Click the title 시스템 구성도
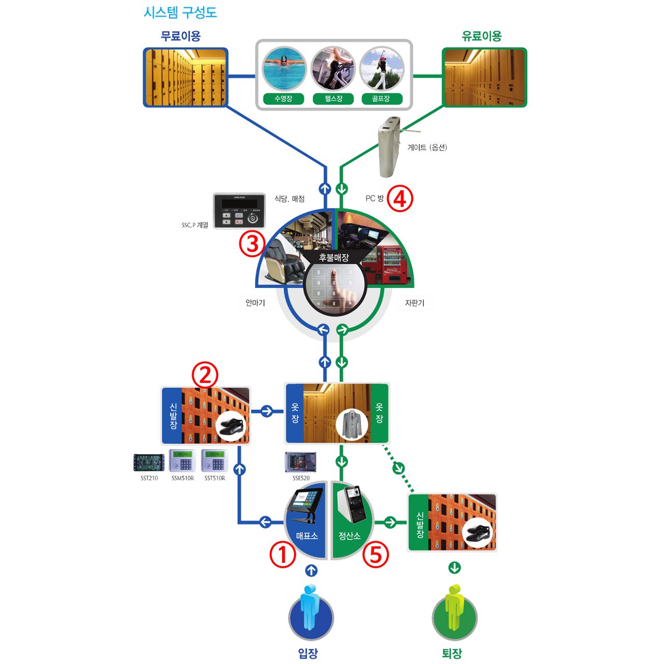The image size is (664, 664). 180,12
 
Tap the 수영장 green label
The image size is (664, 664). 283,99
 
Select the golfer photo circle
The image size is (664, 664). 381,69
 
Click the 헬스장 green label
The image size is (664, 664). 333,99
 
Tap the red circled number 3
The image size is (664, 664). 252,243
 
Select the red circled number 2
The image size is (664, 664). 205,375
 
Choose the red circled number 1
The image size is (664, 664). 283,555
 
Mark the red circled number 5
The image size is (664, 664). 376,555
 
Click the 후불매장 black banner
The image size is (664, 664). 334,257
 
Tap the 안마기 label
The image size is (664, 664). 255,303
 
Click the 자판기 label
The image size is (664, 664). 414,303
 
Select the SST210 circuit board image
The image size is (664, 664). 149,462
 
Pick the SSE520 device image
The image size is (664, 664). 301,462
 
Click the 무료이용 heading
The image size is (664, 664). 181,36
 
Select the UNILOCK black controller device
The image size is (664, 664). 239,211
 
